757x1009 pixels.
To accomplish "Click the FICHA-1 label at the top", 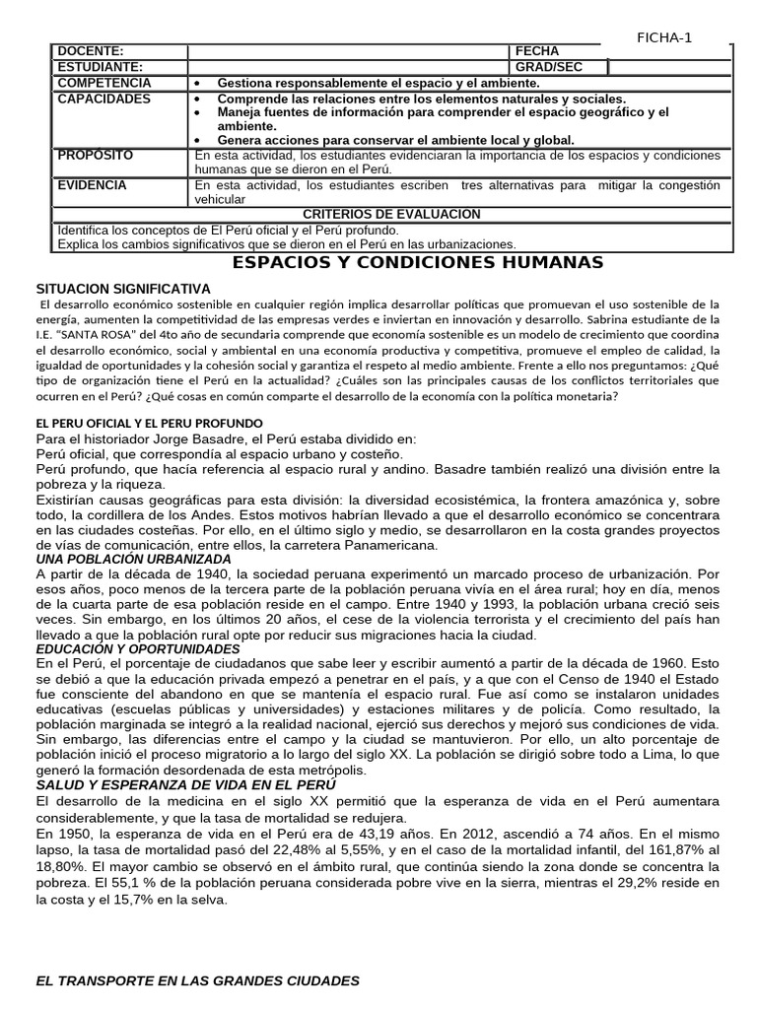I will tap(665, 37).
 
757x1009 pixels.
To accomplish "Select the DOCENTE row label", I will tap(91, 51).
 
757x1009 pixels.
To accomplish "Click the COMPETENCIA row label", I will tap(104, 84).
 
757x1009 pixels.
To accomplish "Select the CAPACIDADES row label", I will tap(104, 100).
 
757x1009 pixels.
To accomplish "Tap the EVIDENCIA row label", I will tap(94, 184).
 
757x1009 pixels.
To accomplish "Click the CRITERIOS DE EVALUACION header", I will tap(391, 214).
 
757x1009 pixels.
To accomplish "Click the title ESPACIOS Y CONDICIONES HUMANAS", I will tap(417, 262).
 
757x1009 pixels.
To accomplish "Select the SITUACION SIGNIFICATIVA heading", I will tap(123, 288).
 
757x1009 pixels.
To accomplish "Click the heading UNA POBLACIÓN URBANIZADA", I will tap(133, 559).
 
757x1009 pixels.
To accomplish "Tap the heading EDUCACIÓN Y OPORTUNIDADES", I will tap(137, 649).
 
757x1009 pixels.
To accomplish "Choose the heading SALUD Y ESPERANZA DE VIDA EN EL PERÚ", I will tap(185, 784).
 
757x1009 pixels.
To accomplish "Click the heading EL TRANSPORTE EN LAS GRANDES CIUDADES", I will tap(197, 981).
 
